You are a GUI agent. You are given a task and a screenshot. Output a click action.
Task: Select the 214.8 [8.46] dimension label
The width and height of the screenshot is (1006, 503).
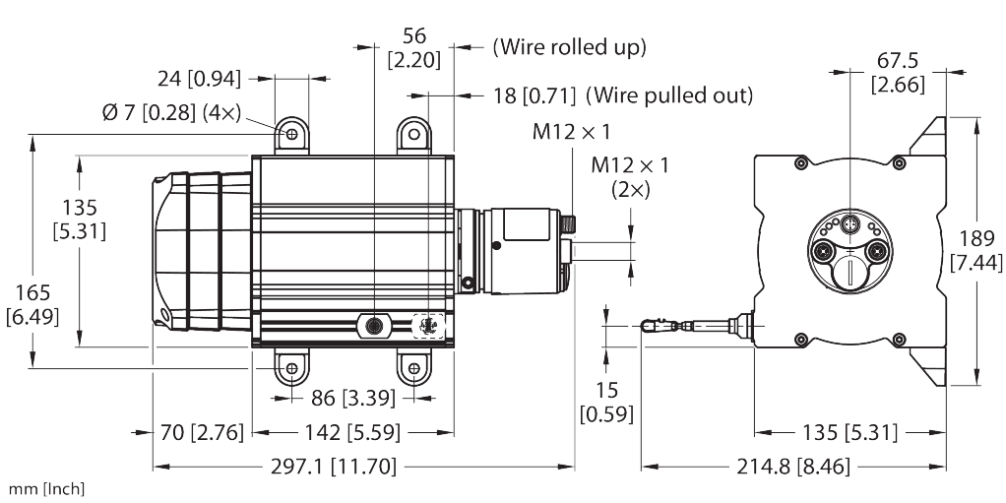click(x=793, y=467)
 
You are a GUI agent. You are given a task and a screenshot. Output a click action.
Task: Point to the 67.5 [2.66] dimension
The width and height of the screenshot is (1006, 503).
click(x=898, y=73)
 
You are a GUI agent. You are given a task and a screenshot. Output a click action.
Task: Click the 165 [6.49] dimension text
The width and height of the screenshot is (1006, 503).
click(x=32, y=304)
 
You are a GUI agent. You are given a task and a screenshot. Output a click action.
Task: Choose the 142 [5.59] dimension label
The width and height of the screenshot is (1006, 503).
click(x=352, y=432)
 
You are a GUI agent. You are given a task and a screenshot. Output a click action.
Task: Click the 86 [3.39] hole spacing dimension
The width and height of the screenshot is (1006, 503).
click(x=352, y=398)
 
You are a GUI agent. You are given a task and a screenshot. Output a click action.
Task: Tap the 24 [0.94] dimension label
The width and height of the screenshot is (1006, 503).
click(x=200, y=79)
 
